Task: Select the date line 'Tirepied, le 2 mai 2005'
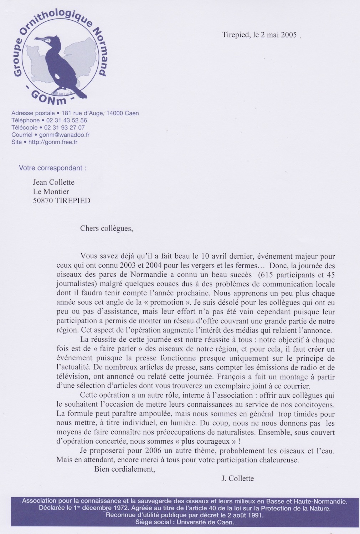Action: [x=259, y=35]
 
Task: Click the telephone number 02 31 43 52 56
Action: [x=66, y=121]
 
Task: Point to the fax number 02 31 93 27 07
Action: [x=64, y=128]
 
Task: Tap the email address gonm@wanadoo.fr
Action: [x=64, y=135]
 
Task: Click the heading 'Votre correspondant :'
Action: [x=52, y=168]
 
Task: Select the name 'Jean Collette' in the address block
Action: [x=53, y=182]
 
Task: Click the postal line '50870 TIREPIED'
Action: [x=61, y=200]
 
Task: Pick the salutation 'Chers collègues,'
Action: [x=106, y=228]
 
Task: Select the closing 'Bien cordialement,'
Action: [x=125, y=469]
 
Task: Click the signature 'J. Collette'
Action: [x=237, y=479]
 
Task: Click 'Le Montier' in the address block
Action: [x=51, y=192]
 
